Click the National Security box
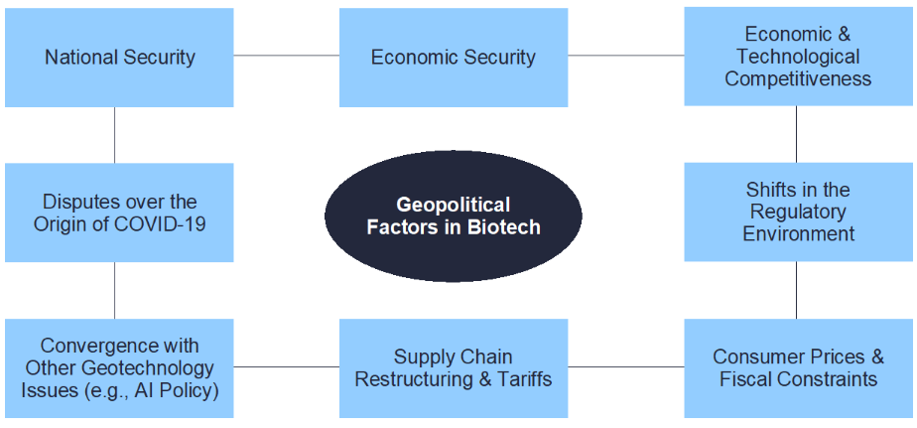click(x=119, y=58)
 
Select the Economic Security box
click(x=454, y=58)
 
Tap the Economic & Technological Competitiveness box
click(x=798, y=57)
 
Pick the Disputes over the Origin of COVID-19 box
click(x=119, y=213)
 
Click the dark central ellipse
click(x=454, y=215)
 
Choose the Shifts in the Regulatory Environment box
click(x=798, y=212)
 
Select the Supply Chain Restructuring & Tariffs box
click(x=454, y=367)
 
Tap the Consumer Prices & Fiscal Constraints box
click(x=798, y=367)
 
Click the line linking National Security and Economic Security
click(x=287, y=56)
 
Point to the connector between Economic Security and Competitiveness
click(x=626, y=56)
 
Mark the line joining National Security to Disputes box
click(x=115, y=135)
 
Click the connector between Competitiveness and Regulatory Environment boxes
click(x=796, y=134)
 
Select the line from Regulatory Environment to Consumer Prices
click(x=796, y=290)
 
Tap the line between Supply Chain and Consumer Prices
click(x=626, y=367)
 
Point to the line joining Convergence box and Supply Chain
click(x=287, y=367)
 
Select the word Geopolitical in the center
click(x=454, y=205)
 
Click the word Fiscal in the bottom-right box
click(x=739, y=378)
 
